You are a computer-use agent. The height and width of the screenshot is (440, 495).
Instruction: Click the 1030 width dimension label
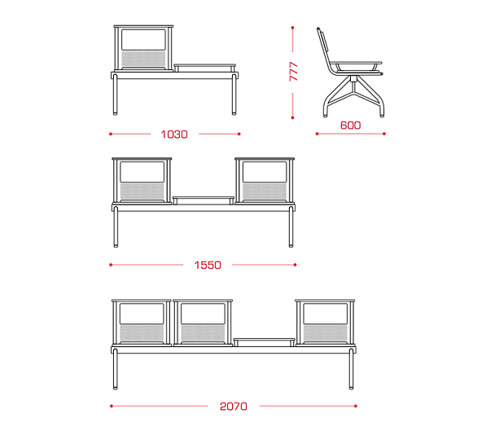tap(174, 134)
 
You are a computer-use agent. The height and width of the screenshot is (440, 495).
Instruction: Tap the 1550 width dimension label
tap(208, 265)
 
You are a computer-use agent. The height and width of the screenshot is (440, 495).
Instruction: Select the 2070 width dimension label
tap(234, 407)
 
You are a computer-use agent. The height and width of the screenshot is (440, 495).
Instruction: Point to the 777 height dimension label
tap(293, 72)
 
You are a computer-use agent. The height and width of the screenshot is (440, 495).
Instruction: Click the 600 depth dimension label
tap(350, 125)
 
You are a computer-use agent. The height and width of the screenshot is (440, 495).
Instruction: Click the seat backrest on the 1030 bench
tap(143, 48)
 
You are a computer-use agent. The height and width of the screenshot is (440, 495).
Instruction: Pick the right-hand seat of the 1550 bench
tap(265, 181)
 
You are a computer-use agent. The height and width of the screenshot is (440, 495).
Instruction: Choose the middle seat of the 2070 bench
tap(203, 323)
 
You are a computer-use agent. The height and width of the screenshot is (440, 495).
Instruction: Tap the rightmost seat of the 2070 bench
tap(325, 323)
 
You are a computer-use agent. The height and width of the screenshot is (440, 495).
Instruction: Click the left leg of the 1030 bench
tap(116, 95)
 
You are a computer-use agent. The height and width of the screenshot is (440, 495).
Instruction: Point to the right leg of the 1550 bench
tap(291, 227)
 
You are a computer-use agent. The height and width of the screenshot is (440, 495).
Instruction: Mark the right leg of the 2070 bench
tap(351, 369)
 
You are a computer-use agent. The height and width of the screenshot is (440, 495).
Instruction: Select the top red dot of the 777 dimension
tap(292, 28)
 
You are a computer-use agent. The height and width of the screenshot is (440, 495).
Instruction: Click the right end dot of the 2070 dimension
tap(356, 407)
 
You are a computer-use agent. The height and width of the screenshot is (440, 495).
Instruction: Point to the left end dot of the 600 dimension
tap(317, 134)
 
